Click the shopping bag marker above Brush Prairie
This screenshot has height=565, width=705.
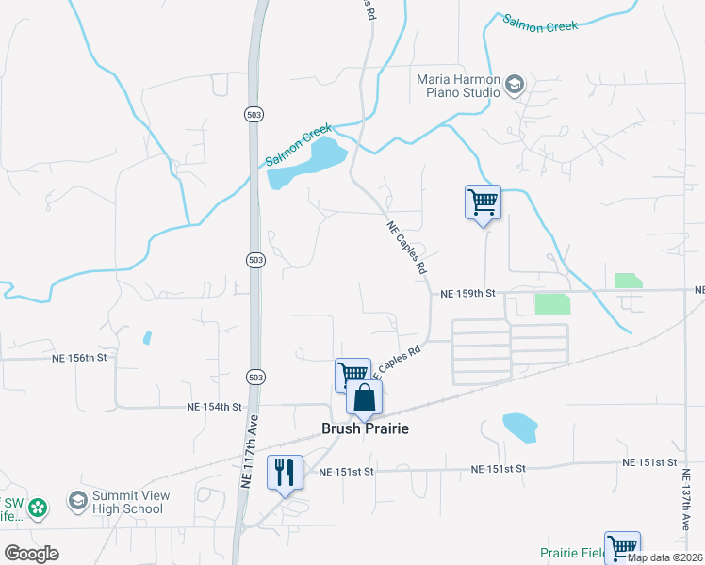click(x=365, y=399)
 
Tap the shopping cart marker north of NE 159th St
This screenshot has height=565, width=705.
click(x=483, y=202)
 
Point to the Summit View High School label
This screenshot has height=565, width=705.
click(x=127, y=503)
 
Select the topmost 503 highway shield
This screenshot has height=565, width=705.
click(x=253, y=114)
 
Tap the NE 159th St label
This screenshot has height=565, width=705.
click(x=467, y=294)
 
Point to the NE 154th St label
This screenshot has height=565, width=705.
click(x=215, y=407)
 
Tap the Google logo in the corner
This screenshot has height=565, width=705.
click(x=31, y=553)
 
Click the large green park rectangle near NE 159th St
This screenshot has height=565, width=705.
click(x=552, y=303)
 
